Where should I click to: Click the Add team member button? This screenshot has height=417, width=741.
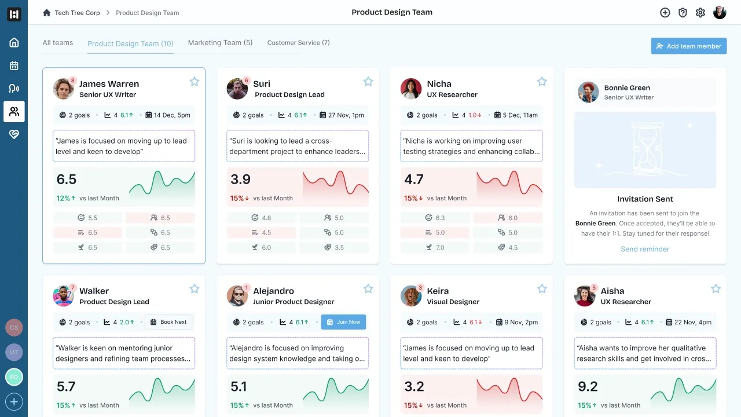(x=688, y=46)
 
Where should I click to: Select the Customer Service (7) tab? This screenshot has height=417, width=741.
(x=298, y=43)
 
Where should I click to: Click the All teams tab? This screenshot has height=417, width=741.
(x=58, y=43)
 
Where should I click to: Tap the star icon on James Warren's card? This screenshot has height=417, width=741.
(x=195, y=82)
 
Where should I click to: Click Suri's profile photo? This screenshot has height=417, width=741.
(x=237, y=89)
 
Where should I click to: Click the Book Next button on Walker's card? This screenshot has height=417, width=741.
(x=168, y=322)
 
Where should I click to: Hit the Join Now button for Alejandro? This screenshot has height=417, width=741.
(x=343, y=322)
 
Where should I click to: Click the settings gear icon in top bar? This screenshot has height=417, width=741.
(x=700, y=13)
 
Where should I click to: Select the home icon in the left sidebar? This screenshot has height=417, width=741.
(x=14, y=42)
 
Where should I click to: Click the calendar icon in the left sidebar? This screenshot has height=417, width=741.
(x=14, y=65)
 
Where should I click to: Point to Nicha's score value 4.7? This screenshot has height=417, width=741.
(x=414, y=180)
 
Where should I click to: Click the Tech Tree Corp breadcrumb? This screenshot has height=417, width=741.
(x=77, y=13)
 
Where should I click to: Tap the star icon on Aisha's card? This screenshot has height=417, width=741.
(x=716, y=289)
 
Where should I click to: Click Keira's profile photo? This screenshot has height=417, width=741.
(x=411, y=296)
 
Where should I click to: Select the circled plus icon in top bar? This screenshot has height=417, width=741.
(x=665, y=13)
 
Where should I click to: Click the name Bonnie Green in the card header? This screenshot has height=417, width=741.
(x=627, y=88)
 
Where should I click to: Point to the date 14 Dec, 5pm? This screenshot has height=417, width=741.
(x=172, y=115)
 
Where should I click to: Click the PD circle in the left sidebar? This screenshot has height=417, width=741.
(x=14, y=377)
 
